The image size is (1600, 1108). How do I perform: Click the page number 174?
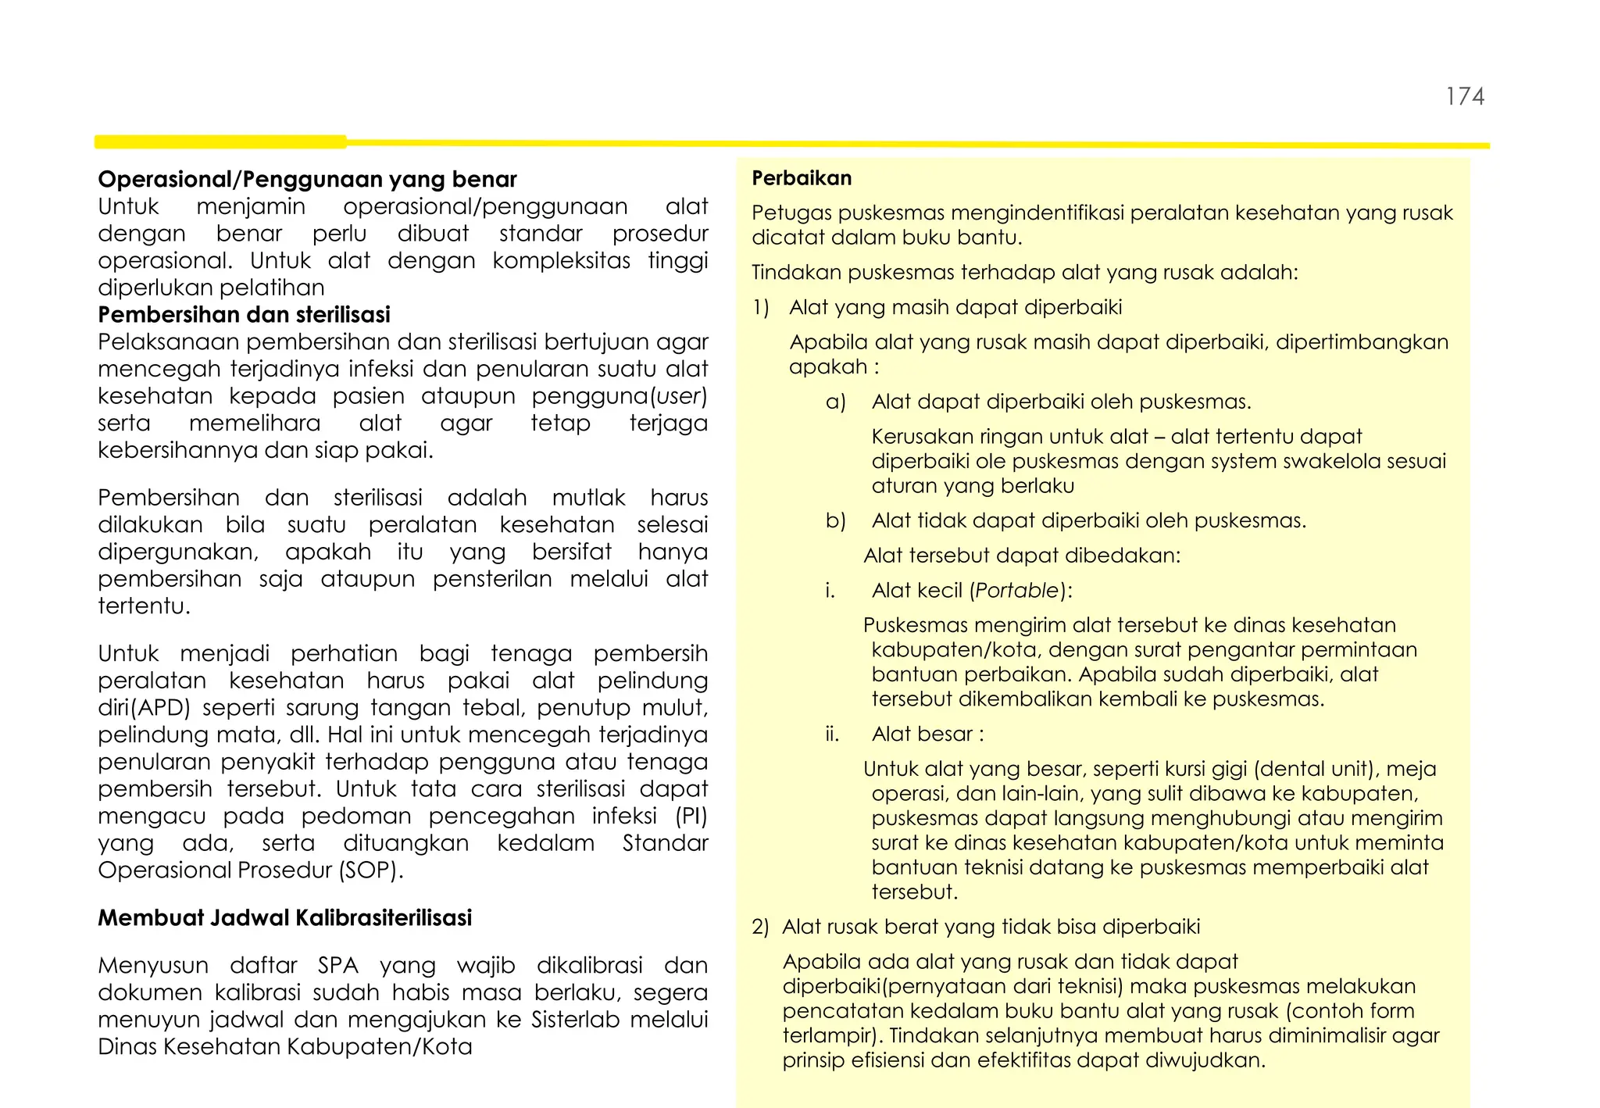coord(1465,97)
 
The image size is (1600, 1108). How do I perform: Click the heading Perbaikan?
coord(802,178)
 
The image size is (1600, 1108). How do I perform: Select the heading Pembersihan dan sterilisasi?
coord(244,315)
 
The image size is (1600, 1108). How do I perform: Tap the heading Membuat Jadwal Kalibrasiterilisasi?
coord(284,917)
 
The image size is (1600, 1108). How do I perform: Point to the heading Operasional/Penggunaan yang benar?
coord(307,180)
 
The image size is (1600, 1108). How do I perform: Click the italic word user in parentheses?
coord(678,396)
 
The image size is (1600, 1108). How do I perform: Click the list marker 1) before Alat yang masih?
coord(761,307)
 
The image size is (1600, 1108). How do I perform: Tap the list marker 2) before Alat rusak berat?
coord(760,928)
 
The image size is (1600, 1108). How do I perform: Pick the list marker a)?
coord(835,402)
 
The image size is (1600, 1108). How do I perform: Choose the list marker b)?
coord(835,521)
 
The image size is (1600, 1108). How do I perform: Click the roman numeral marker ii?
coord(831,734)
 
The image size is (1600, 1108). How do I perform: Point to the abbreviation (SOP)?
coord(371,870)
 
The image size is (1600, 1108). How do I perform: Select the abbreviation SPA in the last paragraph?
coord(337,966)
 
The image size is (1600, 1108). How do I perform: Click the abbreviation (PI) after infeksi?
coord(691,817)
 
